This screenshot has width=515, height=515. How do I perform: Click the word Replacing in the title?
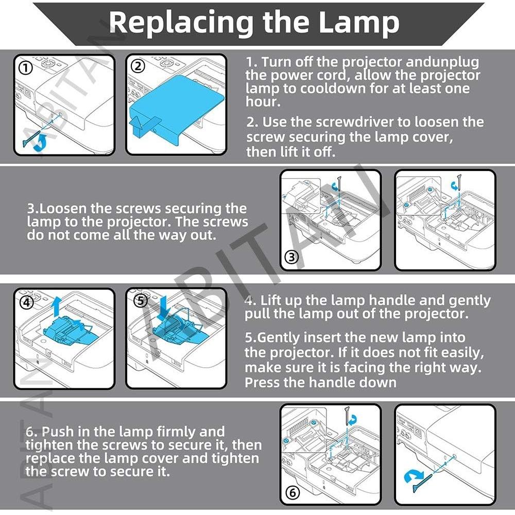181,23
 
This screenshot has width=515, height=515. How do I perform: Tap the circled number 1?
26,68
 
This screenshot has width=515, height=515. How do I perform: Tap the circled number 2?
138,66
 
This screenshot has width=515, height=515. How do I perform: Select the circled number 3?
291,257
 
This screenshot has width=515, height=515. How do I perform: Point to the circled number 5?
141,301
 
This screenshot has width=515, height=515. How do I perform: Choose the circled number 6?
292,493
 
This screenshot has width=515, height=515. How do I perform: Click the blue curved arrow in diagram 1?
40,142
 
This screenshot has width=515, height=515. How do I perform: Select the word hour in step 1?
263,101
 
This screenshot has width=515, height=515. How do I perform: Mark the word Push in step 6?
57,432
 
